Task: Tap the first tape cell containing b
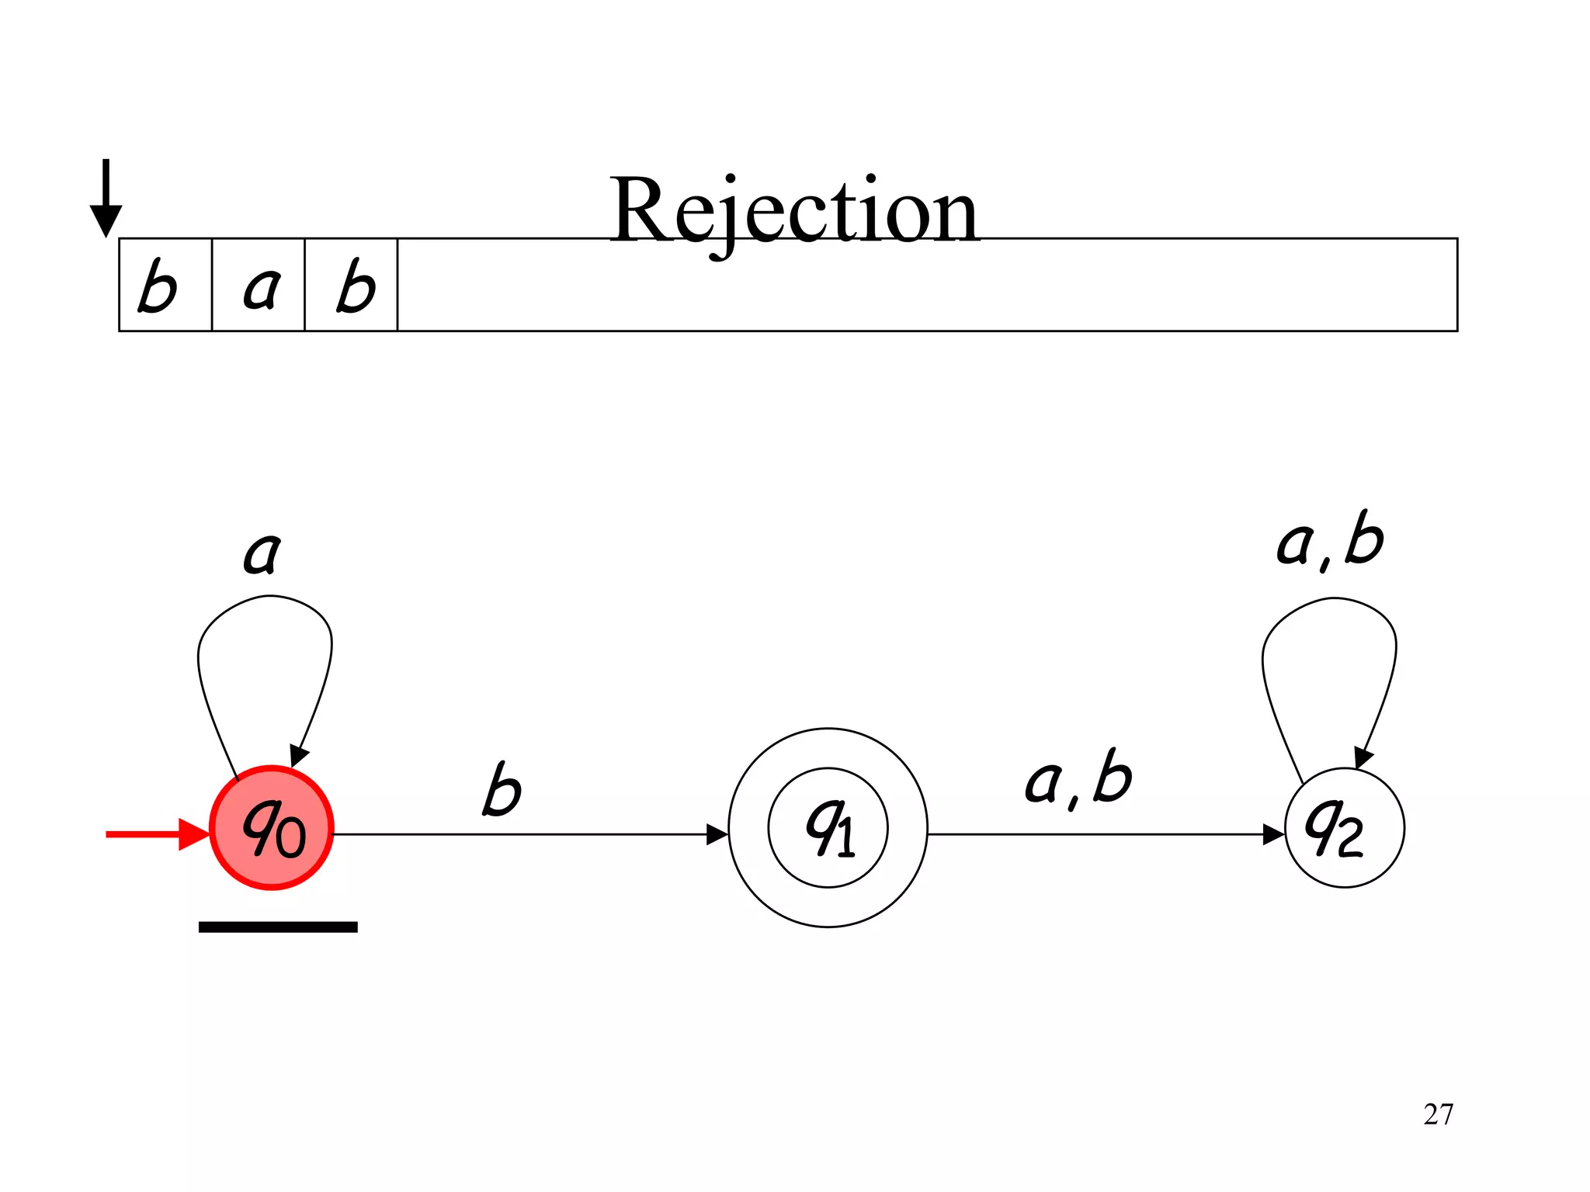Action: coord(165,286)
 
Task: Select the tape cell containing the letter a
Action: coord(259,286)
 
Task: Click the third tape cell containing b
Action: coord(352,286)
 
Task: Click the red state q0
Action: coord(272,827)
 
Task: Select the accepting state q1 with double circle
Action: coord(828,827)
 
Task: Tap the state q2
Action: coord(1345,827)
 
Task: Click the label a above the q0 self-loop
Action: coord(262,553)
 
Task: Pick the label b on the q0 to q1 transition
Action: coord(502,789)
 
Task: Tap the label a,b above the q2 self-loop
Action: coord(1330,540)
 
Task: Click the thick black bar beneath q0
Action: coord(278,927)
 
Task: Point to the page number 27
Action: coord(1438,1114)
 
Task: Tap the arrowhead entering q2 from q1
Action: coord(1274,835)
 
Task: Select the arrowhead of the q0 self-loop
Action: coord(298,755)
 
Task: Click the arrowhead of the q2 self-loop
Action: coord(1363,757)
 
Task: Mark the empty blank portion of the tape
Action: coord(924,286)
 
